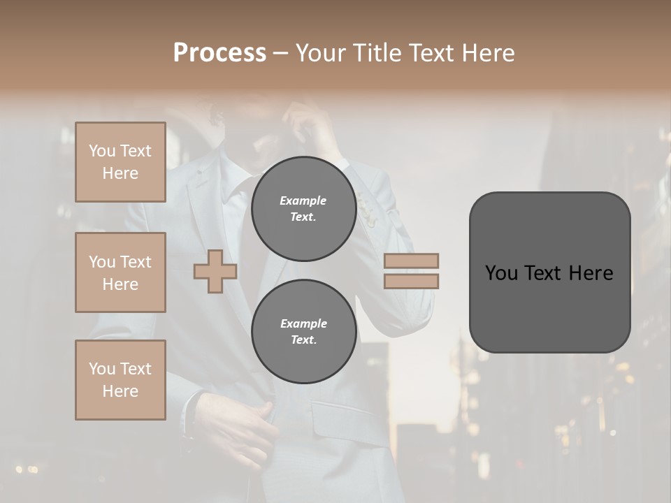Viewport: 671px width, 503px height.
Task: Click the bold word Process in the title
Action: pyautogui.click(x=219, y=53)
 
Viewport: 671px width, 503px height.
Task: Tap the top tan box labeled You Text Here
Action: pyautogui.click(x=120, y=162)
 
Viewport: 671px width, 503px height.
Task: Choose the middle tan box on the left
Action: pyautogui.click(x=120, y=272)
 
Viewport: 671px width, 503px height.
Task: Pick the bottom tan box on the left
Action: pyautogui.click(x=120, y=380)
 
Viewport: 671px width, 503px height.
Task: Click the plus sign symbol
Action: pyautogui.click(x=215, y=272)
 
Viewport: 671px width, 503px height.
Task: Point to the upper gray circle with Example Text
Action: pyautogui.click(x=303, y=208)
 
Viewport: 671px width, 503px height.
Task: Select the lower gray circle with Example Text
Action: pyautogui.click(x=303, y=331)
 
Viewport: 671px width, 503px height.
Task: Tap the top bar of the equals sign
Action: pyautogui.click(x=411, y=261)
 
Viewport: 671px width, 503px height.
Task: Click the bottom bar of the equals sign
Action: pyautogui.click(x=411, y=281)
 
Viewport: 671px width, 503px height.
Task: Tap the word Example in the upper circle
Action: pyautogui.click(x=303, y=201)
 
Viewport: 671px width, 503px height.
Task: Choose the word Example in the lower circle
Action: pyautogui.click(x=303, y=323)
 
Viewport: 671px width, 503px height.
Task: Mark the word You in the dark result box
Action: pyautogui.click(x=501, y=273)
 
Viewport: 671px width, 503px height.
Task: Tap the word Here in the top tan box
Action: pyautogui.click(x=120, y=173)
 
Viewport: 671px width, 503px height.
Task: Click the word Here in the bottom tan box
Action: pyautogui.click(x=120, y=391)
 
